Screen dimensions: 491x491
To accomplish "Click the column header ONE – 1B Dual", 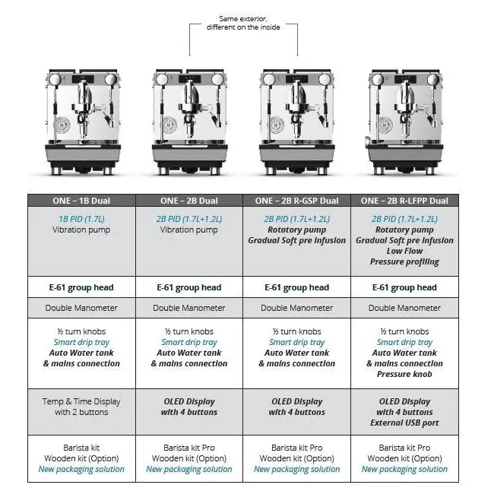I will coord(81,201).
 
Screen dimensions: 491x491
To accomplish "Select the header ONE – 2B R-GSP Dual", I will coord(296,201).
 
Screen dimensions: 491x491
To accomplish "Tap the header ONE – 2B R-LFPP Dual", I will coord(404,201).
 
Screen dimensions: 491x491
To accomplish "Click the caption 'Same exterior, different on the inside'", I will coord(243,23).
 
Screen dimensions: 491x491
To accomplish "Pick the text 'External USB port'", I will coord(404,423).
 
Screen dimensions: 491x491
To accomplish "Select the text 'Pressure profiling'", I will coord(404,261).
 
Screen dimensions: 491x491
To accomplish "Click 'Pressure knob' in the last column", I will coord(404,374).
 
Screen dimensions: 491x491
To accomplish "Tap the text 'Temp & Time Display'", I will coord(81,401).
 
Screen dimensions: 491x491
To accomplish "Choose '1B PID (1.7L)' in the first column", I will coord(81,219).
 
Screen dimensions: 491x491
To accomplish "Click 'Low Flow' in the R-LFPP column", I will coord(404,251).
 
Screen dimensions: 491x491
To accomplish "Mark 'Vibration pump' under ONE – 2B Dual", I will coord(188,230).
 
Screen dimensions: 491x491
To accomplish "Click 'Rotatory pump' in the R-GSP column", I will coord(296,230).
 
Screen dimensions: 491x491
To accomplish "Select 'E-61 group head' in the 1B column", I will coord(81,287).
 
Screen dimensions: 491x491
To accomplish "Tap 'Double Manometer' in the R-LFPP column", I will coord(404,308).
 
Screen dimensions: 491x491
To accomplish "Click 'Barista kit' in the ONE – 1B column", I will coord(81,448).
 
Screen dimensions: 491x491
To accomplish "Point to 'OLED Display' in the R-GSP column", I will coord(296,401).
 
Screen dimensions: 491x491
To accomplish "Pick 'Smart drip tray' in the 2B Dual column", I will coord(188,342).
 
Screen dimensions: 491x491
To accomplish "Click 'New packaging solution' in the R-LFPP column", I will coord(404,469).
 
